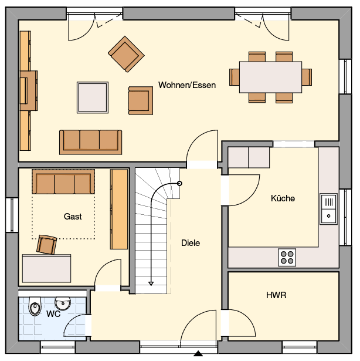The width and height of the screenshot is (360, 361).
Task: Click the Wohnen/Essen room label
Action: click(x=187, y=85)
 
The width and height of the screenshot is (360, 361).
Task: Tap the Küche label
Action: click(x=283, y=198)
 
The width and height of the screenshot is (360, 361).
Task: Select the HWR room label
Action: click(x=276, y=295)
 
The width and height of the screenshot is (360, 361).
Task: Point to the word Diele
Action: click(x=191, y=243)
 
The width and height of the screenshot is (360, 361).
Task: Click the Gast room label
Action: click(x=73, y=217)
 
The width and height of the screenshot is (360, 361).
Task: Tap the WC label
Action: click(x=53, y=313)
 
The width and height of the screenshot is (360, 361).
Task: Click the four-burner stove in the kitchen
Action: click(x=287, y=258)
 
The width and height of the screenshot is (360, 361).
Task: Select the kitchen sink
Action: click(x=328, y=209)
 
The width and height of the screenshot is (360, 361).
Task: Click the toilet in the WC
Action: click(x=35, y=306)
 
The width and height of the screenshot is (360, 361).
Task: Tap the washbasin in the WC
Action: click(x=63, y=303)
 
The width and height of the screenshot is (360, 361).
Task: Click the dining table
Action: click(x=270, y=77)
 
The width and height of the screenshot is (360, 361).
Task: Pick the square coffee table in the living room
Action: click(x=93, y=97)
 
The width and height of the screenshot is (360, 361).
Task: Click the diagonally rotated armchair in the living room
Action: click(x=126, y=54)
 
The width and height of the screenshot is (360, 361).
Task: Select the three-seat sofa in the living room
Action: click(x=91, y=142)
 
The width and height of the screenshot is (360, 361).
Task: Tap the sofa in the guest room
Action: click(x=63, y=181)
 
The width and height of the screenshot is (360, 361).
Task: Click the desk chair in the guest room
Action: click(x=47, y=245)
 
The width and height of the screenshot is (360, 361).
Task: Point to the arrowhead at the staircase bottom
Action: click(x=151, y=284)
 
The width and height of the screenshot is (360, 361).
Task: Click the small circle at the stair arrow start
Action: click(x=179, y=184)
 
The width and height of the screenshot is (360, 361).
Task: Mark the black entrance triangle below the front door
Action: click(x=198, y=353)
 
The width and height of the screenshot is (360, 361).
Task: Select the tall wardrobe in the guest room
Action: click(x=119, y=210)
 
